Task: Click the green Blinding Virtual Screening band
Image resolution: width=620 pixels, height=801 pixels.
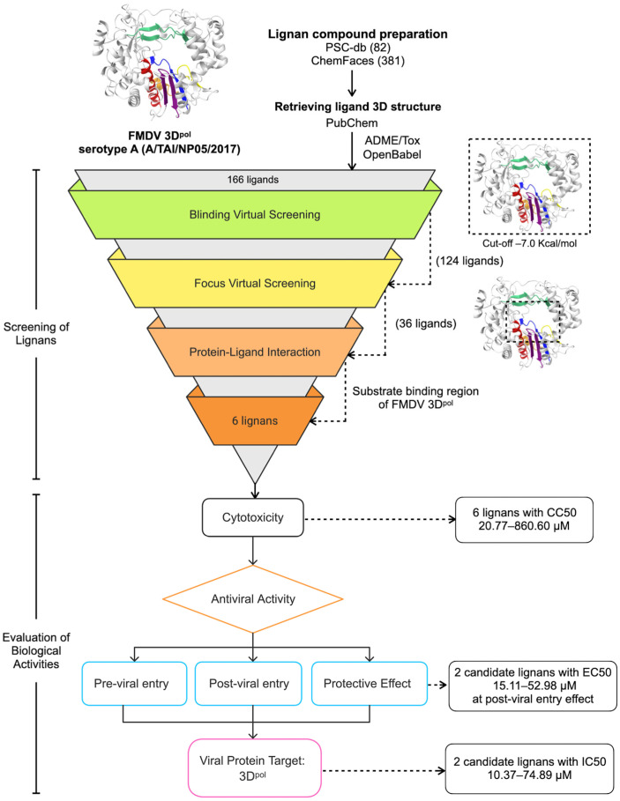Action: (255, 214)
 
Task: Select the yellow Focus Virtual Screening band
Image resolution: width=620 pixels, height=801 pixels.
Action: (255, 283)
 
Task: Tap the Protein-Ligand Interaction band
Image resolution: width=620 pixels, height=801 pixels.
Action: (255, 352)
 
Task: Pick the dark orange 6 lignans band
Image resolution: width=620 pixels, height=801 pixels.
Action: (255, 420)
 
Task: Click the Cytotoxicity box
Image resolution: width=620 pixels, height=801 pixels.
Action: (253, 517)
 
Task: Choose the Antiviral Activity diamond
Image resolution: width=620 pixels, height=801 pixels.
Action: (253, 598)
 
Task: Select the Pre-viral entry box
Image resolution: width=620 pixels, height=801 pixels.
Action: (134, 684)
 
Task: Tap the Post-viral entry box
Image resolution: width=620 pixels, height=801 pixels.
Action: (249, 684)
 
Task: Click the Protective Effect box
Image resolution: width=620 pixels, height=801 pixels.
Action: (369, 684)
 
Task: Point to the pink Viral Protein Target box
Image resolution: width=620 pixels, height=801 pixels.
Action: (255, 768)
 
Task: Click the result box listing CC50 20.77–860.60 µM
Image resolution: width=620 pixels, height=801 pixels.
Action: (525, 520)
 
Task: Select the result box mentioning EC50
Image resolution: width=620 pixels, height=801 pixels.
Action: (533, 686)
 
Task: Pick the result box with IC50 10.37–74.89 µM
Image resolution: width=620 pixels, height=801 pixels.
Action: (529, 768)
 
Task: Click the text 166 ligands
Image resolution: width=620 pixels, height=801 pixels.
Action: (253, 180)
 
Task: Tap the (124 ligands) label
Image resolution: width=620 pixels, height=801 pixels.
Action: (470, 261)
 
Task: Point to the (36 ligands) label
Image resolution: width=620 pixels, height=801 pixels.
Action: (426, 324)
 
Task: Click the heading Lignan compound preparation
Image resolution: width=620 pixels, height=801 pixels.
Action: (358, 34)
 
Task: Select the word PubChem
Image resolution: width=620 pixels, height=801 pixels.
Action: (352, 123)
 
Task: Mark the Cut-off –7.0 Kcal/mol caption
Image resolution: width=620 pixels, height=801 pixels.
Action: (529, 244)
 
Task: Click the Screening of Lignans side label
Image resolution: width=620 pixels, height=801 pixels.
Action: (36, 334)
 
